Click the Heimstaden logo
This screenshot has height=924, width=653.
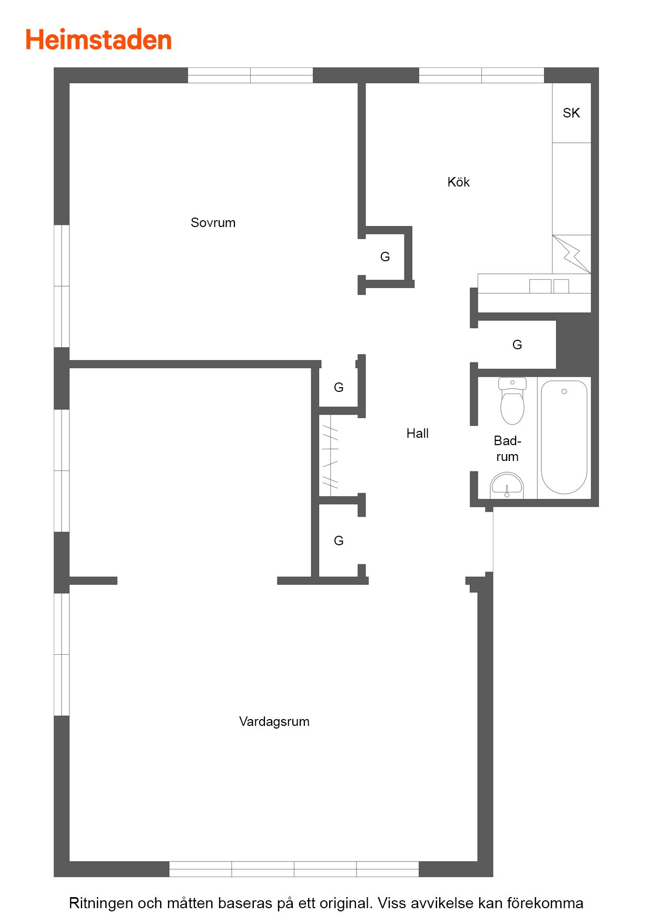98,40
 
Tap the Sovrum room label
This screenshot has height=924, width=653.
213,223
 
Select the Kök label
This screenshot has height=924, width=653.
458,182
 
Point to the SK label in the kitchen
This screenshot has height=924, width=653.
571,113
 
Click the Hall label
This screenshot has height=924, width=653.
418,433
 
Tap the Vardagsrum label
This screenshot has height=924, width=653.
274,722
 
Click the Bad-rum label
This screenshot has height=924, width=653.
507,449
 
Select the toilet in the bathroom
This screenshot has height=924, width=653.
512,401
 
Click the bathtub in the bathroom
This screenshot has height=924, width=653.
564,437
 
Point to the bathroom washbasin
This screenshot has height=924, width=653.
507,485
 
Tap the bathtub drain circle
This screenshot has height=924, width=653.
564,391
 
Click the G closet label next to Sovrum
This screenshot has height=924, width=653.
385,257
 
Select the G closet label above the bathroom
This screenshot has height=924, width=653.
517,345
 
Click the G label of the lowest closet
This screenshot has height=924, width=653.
339,540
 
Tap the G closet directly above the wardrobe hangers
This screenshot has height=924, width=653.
339,387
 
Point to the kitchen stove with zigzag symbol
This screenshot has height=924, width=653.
571,254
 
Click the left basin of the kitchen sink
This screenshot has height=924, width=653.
540,286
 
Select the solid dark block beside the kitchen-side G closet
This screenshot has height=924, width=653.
577,345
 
